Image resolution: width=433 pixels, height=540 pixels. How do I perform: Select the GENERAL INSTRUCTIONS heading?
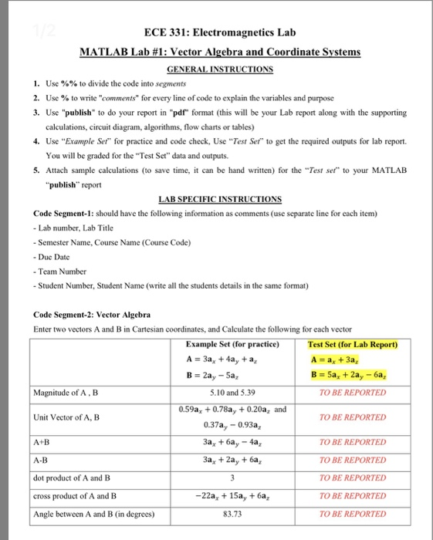point(215,69)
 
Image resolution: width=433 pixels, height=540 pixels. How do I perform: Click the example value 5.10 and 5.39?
point(238,392)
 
